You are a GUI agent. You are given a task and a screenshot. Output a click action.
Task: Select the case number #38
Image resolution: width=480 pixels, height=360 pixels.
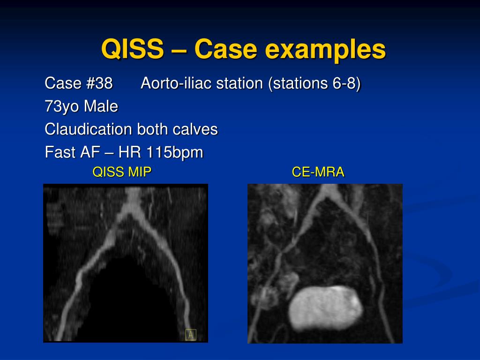pos(99,83)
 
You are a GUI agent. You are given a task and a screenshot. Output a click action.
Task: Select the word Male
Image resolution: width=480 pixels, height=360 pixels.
pos(101,107)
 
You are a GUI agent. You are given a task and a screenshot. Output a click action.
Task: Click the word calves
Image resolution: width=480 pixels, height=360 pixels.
pos(197,129)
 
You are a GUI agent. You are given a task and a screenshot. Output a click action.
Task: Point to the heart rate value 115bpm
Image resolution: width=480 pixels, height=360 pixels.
pos(174,152)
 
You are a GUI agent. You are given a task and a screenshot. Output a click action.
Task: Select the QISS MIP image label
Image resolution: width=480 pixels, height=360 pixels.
pos(122,172)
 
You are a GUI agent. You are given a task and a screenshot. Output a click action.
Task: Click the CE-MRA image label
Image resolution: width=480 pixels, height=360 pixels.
pos(318,172)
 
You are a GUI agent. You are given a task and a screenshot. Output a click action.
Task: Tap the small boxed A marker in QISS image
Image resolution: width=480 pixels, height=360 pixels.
pos(190,335)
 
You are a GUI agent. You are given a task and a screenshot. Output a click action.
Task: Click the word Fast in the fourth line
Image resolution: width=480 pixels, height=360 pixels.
pos(60,152)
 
